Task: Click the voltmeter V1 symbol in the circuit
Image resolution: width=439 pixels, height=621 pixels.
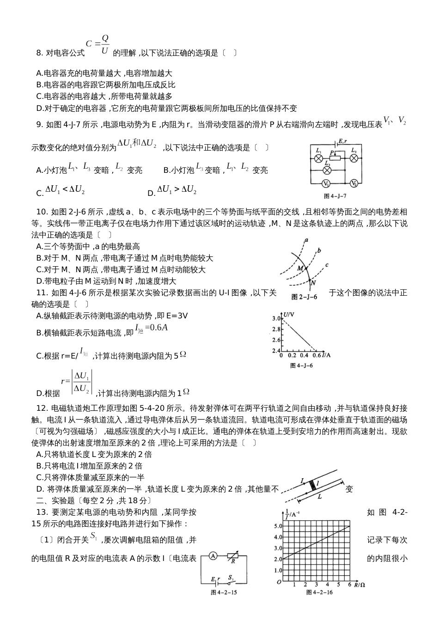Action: (325, 183)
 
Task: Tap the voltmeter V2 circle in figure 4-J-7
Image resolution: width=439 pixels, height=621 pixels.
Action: (354, 183)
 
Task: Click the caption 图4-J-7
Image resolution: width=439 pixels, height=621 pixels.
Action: (335, 195)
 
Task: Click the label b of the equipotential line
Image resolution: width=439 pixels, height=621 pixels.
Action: (319, 250)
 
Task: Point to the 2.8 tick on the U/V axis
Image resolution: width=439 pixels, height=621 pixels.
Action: (277, 329)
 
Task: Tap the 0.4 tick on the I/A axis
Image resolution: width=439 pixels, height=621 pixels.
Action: (304, 356)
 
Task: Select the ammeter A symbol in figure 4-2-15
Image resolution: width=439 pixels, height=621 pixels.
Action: (213, 556)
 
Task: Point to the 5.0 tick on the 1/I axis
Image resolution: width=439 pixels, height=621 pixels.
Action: (278, 526)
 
